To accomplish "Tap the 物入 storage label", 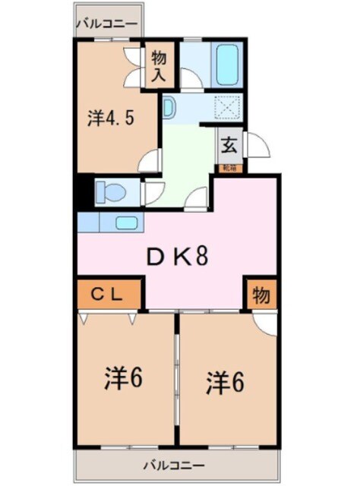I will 159,66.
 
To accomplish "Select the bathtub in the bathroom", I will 227,67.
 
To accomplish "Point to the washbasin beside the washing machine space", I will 169,107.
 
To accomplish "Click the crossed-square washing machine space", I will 227,108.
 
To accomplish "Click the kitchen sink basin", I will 126,222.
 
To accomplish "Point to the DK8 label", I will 177,257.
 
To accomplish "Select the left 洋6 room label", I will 125,377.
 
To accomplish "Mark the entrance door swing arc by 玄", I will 258,146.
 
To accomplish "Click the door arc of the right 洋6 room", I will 266,322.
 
